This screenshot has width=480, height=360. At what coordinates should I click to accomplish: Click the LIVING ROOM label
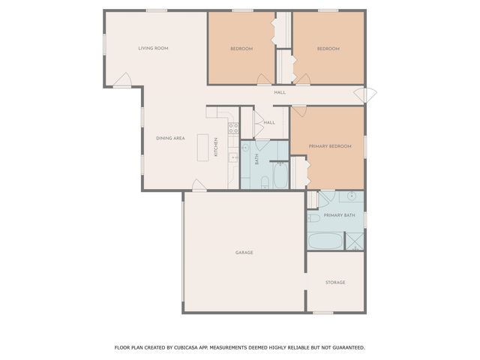(153, 48)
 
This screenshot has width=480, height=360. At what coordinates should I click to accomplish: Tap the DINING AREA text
(170, 138)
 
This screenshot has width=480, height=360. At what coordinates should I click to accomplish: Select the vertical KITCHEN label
(217, 146)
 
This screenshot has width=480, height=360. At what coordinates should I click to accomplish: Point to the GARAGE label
(244, 253)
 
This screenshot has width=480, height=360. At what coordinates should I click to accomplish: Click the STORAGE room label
(335, 282)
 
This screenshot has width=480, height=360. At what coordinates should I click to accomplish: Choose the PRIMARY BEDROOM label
(331, 146)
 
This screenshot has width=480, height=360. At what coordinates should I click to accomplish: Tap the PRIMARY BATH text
(339, 215)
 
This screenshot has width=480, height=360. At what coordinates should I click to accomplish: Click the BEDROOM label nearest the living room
(241, 48)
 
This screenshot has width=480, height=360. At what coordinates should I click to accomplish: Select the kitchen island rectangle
(202, 147)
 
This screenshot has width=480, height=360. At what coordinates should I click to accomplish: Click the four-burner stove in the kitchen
(233, 128)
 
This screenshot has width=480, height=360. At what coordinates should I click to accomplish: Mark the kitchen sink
(233, 157)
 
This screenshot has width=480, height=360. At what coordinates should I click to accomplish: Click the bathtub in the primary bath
(324, 242)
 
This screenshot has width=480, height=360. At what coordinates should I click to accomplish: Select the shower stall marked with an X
(353, 241)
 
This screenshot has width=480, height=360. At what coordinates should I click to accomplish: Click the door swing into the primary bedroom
(298, 111)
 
